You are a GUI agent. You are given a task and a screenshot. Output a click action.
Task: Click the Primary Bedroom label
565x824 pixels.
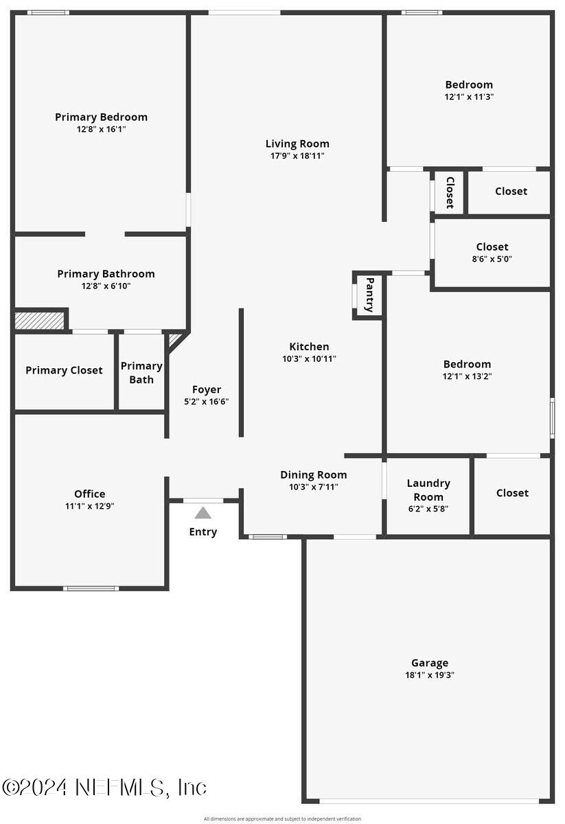tap(101, 117)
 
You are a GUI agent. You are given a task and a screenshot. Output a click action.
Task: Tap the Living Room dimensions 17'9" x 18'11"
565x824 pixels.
tap(297, 156)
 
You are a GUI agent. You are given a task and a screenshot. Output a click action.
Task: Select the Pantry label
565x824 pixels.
tap(369, 295)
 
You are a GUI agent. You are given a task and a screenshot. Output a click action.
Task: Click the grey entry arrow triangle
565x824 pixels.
tap(203, 513)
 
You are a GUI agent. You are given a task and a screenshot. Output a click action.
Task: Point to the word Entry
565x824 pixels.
tap(203, 531)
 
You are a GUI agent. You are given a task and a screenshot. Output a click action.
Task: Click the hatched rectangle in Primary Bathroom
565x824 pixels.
tap(39, 320)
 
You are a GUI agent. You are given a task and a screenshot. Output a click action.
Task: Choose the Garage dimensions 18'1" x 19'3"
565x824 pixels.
tap(430, 675)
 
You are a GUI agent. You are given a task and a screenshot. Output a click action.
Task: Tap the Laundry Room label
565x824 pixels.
tap(428, 490)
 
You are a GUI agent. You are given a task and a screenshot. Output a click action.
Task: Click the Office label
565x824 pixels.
tap(90, 494)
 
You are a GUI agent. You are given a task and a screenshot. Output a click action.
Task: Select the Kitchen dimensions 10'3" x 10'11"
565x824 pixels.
tap(309, 358)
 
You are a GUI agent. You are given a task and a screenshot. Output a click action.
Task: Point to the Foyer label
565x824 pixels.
tap(206, 389)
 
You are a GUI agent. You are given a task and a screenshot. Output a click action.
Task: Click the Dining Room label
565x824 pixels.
tap(313, 474)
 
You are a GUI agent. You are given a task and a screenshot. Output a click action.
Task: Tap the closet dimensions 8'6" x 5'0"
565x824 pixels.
tap(492, 259)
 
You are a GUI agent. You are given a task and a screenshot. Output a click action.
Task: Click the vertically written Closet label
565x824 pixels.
tap(450, 192)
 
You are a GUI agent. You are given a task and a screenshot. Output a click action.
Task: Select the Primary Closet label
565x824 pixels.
tap(64, 370)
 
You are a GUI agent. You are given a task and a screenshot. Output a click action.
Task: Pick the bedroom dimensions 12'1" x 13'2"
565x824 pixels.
tap(467, 376)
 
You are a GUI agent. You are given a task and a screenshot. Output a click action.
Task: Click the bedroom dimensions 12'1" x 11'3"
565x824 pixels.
tap(469, 97)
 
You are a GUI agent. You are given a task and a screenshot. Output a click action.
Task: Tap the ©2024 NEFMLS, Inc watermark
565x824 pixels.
tap(104, 787)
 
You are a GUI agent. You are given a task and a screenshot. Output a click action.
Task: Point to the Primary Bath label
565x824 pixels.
tap(141, 372)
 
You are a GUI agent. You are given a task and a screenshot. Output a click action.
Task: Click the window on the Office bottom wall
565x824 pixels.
tap(91, 588)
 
